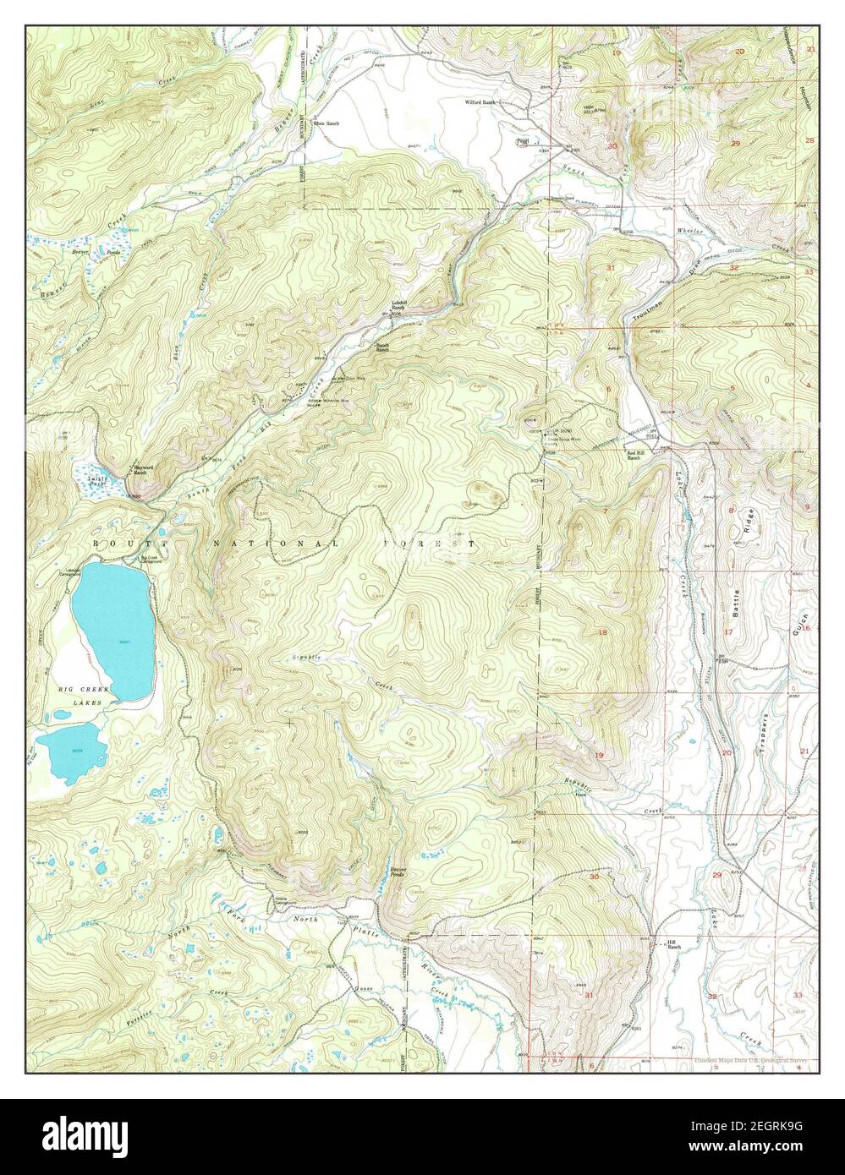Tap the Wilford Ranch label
478,102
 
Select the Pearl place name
523,141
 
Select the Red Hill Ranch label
637,456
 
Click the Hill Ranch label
673,945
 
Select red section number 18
603,632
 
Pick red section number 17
727,632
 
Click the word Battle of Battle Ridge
748,605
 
